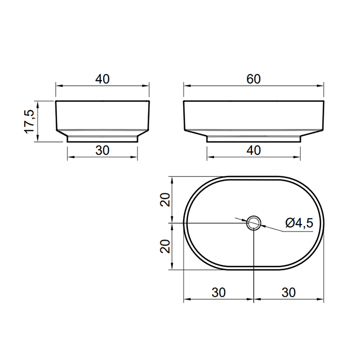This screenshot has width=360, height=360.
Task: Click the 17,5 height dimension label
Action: click(29, 121)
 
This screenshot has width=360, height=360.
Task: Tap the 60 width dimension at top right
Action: click(254, 79)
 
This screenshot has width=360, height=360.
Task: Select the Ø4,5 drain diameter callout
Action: click(299, 223)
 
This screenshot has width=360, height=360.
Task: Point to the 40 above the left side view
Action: click(102, 79)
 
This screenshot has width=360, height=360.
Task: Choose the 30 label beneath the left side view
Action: click(102, 150)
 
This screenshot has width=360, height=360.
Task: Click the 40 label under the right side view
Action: click(254, 150)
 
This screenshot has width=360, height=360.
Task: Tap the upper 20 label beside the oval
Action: click(165, 200)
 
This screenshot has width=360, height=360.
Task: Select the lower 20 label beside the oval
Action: click(165, 246)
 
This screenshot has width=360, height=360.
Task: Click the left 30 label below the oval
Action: click(219, 293)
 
